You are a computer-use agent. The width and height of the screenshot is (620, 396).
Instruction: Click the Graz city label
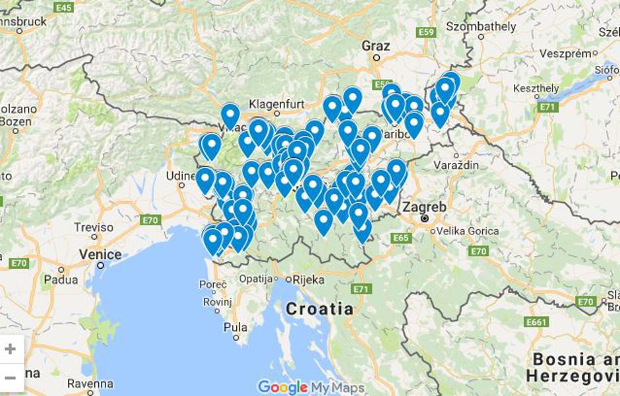(376, 46)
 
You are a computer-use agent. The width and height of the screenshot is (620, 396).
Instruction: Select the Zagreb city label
(425, 207)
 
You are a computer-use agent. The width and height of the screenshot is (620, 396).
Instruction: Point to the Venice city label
(100, 254)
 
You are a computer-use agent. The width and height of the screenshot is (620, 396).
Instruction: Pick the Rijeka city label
(308, 279)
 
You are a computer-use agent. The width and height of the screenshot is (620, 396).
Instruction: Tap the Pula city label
(235, 327)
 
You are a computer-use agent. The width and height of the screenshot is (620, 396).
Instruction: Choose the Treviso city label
(94, 227)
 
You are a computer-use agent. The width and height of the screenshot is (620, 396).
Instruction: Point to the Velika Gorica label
(466, 231)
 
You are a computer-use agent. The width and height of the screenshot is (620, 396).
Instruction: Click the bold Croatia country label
(319, 308)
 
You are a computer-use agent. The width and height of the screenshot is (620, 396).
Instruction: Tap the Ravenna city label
(90, 383)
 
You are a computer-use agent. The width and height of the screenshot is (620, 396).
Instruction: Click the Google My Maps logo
(311, 387)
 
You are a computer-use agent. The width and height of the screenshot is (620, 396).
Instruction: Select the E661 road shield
(537, 322)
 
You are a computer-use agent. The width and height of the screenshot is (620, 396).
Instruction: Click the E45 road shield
(64, 7)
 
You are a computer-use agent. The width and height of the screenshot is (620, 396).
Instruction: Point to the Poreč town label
(213, 285)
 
